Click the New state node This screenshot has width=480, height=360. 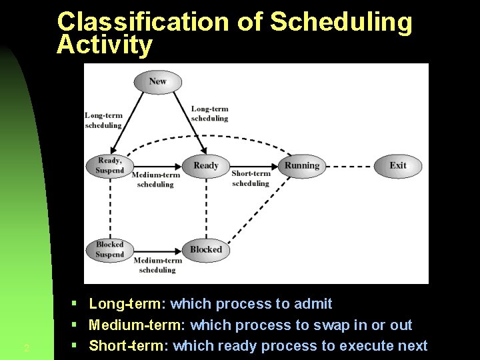coord(157,81)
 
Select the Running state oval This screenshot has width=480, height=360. coord(302,166)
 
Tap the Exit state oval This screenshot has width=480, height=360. coord(398,166)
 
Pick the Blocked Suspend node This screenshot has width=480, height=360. coord(109,249)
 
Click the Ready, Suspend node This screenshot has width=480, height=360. coord(110,165)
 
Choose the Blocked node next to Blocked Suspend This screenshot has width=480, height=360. coord(205,249)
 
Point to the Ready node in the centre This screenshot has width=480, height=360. coord(205,166)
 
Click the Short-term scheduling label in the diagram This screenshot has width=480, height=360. coord(251,179)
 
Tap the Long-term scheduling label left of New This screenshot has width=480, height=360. coord(103,120)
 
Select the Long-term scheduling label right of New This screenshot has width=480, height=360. coord(209,113)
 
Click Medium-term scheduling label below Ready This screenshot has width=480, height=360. coord(155,179)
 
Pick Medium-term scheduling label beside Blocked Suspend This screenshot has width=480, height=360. coord(157,265)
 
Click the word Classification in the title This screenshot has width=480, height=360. coord(143,22)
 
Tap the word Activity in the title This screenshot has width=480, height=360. coord(105,45)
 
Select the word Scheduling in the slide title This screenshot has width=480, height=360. coord(341,22)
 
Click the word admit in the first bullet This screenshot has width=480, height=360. coord(313,304)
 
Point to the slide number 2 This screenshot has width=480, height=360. coord(26,348)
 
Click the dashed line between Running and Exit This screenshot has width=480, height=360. coord(349,166)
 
